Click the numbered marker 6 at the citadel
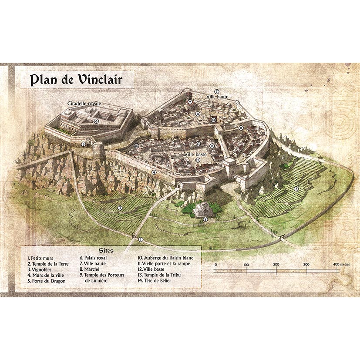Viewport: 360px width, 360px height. coord(96,121)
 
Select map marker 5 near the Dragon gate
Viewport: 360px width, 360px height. coord(83,144)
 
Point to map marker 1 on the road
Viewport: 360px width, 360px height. coord(141,239)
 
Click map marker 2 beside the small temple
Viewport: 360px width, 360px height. coord(205,219)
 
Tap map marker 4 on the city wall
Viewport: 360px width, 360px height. coord(154,172)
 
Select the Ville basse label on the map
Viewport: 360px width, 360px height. coord(195,154)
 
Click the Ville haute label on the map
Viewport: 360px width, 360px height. coord(217,97)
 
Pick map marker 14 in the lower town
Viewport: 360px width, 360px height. coord(212,146)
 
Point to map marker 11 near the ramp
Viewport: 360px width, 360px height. coord(241,127)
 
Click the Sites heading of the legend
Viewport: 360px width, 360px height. coord(106,251)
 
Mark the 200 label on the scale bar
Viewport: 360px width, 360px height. coord(276,265)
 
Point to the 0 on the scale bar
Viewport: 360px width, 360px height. coord(216,265)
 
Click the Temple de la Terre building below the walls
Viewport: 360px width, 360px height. coord(202,210)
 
